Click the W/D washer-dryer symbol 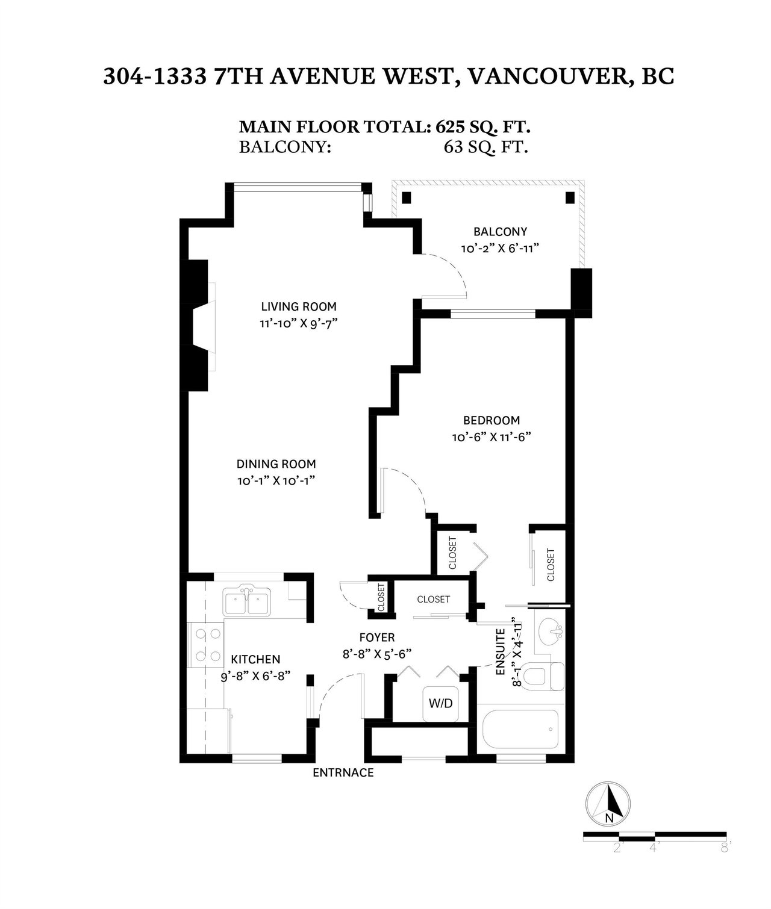[x=440, y=703]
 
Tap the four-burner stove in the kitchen [x=205, y=645]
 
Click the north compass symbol [x=608, y=804]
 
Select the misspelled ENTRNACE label [x=343, y=773]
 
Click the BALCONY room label [x=500, y=231]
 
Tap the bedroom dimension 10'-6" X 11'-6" [x=491, y=438]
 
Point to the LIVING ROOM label [x=298, y=306]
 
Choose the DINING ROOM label [x=276, y=464]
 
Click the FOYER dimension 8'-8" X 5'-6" [x=376, y=654]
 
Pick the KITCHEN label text [x=255, y=659]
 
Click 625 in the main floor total [x=451, y=127]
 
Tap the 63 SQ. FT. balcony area [x=485, y=147]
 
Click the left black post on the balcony [x=406, y=197]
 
